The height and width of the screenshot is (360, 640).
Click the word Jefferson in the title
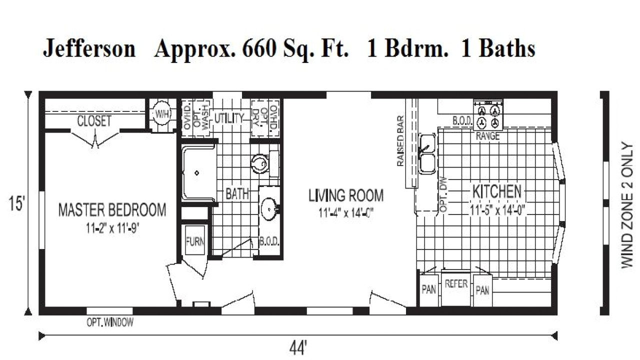[x=89, y=49]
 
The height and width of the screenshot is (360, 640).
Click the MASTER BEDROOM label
[x=112, y=209]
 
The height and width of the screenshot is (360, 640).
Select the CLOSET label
[x=94, y=121]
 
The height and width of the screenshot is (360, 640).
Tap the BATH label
[x=237, y=194]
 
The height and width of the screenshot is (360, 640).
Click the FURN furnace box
[x=195, y=241]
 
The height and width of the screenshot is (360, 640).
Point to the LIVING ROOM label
[x=346, y=195]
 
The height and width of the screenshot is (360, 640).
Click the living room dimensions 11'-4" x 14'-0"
[x=346, y=212]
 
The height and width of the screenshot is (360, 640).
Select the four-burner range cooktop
[x=488, y=116]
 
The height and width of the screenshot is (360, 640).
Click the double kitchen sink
[x=427, y=153]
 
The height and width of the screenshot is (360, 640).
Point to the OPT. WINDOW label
[x=110, y=322]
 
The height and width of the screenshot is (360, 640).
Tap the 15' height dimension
[x=16, y=204]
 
